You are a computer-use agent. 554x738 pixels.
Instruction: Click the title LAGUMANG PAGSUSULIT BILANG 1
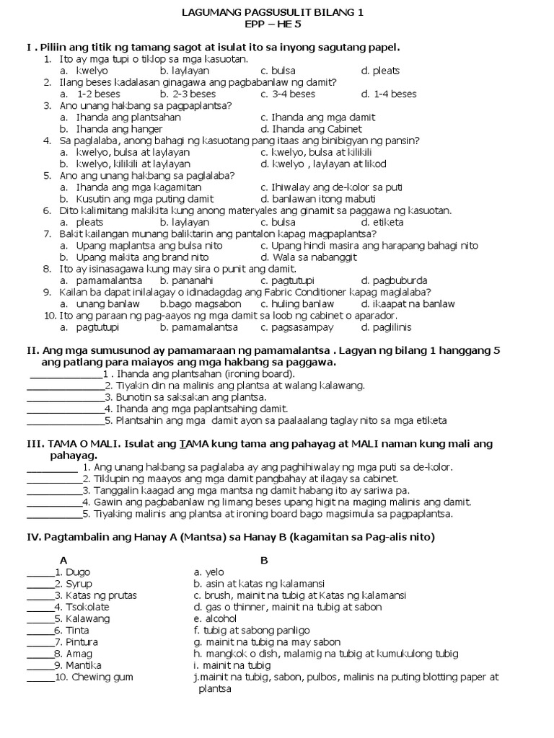(272, 12)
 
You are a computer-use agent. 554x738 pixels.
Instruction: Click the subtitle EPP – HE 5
(272, 24)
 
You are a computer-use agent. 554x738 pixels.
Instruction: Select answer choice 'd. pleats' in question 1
(380, 71)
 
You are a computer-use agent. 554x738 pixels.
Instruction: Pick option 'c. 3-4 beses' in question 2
(288, 94)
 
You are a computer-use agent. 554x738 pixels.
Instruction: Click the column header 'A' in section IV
(63, 560)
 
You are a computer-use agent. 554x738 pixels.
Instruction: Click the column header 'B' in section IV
(264, 560)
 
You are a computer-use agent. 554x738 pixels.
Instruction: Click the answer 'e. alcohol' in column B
(215, 618)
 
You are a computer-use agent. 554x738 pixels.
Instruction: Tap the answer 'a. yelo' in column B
(210, 572)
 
